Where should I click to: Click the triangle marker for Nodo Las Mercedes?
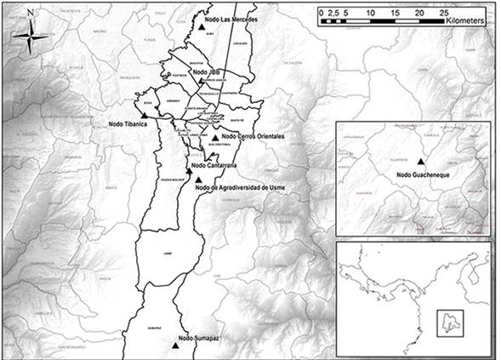tap(200, 26)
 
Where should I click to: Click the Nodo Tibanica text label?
tap(128, 124)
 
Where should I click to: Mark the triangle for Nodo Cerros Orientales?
tap(215, 137)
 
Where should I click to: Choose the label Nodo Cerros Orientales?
tap(253, 136)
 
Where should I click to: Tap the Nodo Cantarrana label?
tap(214, 165)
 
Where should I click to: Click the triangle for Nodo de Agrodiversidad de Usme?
tap(198, 180)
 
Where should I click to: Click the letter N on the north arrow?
tap(31, 14)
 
